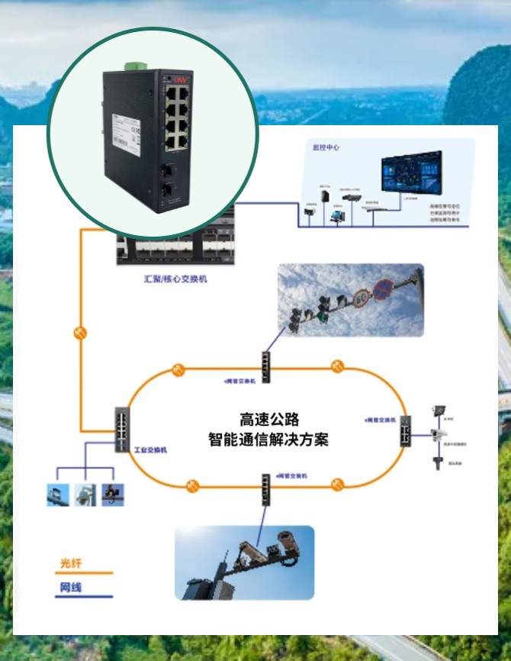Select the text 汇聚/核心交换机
[175, 279]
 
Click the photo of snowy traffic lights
[350, 300]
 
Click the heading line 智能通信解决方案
[268, 440]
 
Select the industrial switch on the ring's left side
[122, 429]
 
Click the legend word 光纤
[71, 563]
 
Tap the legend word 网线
[71, 588]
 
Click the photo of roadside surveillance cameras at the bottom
[244, 562]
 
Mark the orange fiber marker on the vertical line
[80, 333]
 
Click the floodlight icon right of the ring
[439, 411]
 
